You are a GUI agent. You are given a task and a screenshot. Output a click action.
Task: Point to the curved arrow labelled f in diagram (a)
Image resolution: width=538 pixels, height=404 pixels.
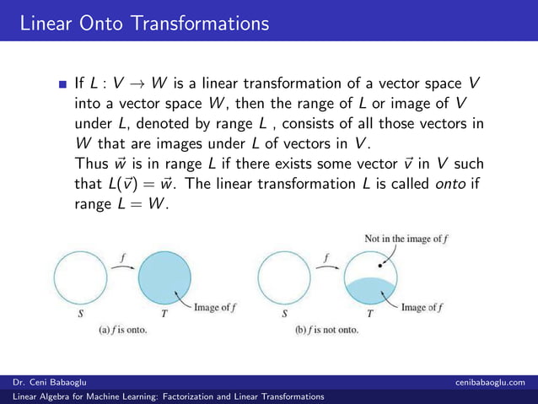123,263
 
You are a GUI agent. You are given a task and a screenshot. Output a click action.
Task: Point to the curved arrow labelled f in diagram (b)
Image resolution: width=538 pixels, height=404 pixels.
327,263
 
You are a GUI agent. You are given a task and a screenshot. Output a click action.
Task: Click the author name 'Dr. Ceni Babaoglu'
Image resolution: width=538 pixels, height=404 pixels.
47,383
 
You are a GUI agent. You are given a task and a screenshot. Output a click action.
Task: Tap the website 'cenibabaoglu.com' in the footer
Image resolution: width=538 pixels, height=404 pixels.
491,383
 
